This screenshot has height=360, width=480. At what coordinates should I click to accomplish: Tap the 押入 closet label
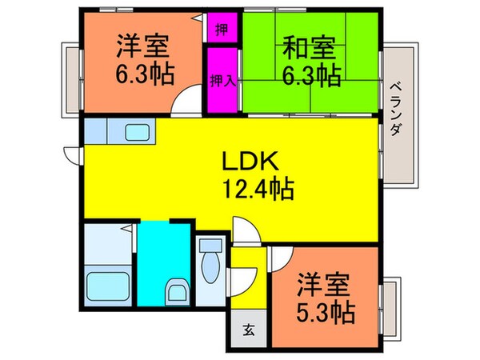(222, 80)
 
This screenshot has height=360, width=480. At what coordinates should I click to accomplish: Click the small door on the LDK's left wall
(71, 154)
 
